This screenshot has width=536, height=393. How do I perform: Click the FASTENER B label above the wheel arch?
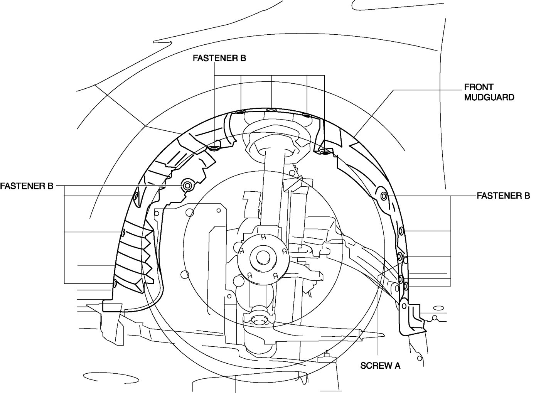219,58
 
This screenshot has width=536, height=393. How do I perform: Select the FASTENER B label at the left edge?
27,186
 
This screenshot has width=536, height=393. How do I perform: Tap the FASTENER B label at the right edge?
503,196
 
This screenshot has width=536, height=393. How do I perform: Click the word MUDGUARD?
489,97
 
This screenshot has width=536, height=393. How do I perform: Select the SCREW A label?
380,365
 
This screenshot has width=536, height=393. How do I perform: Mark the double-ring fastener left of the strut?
188,186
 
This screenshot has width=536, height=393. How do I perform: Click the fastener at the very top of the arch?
271,110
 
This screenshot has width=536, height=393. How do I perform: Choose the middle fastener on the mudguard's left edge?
123,232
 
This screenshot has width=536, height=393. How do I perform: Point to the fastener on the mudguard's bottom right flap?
404,305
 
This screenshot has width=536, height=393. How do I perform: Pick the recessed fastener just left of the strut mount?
214,148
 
